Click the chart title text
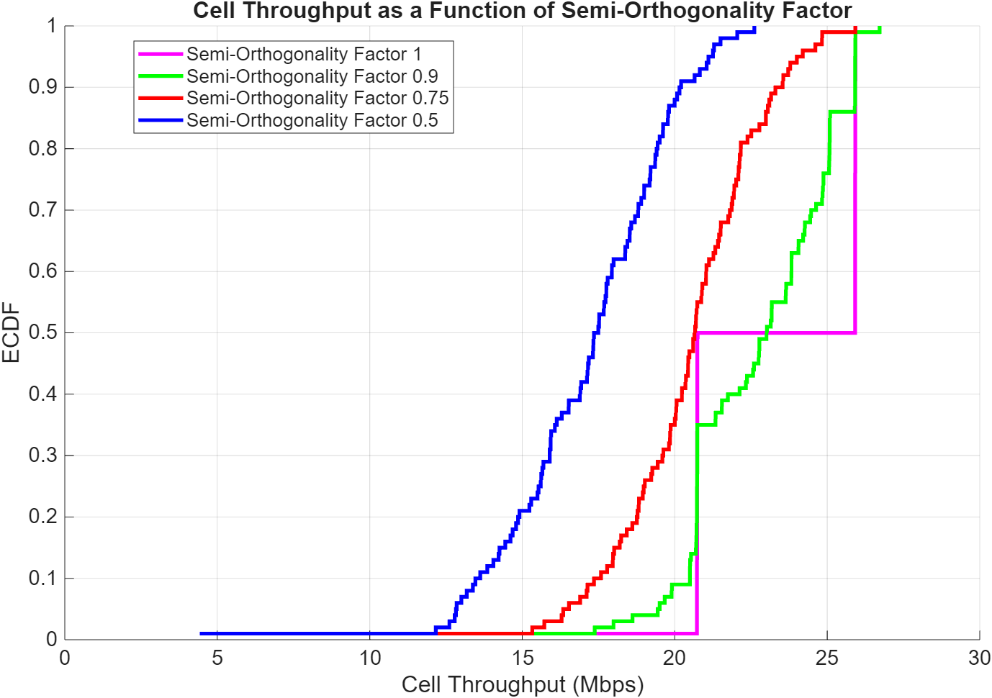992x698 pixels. [522, 11]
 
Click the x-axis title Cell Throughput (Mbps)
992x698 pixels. [522, 684]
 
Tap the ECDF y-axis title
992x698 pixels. [11, 332]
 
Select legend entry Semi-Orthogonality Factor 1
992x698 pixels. [304, 54]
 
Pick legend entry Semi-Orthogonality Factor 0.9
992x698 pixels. [312, 76]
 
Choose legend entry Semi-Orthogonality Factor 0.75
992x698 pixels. [317, 98]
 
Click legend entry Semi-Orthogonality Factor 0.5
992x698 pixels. [312, 120]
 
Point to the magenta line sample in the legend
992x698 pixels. [161, 54]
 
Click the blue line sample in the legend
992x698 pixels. [161, 120]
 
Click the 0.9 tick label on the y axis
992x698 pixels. [42, 87]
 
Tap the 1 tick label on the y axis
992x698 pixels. [51, 26]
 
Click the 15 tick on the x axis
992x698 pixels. [523, 658]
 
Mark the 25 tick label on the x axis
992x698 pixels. [827, 658]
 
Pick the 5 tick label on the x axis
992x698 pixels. [217, 658]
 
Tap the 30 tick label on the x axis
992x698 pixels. [979, 658]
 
